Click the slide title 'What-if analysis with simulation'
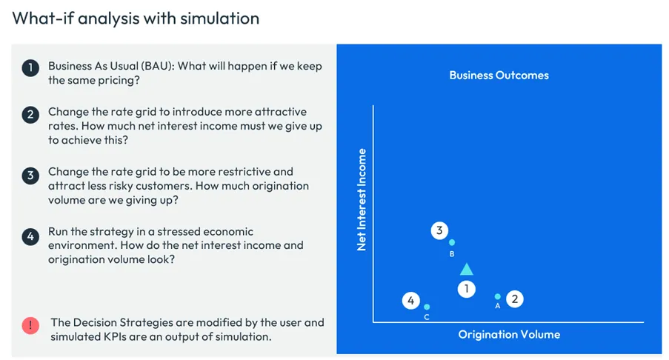pos(136,18)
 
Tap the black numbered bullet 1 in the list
pos(30,68)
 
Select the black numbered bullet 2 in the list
pos(30,115)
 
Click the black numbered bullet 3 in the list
pos(30,176)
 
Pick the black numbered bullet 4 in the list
pos(30,236)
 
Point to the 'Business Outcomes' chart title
pos(499,75)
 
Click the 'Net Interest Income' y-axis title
pos(362,199)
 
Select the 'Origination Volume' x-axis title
pos(509,334)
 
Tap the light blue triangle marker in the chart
pos(466,270)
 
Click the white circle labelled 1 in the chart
pos(466,289)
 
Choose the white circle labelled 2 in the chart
pos(514,299)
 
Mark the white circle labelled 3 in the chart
pos(439,230)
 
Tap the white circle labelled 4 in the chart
pos(411,301)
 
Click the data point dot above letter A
pos(498,296)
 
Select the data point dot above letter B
pos(452,242)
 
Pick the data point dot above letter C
pos(427,307)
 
